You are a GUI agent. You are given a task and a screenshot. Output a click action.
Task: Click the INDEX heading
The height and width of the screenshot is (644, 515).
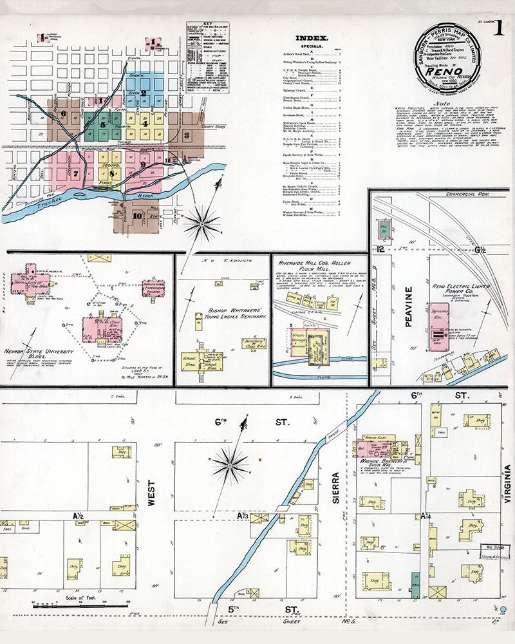312,38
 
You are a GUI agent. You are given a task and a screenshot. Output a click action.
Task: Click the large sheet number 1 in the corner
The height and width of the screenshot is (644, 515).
499,29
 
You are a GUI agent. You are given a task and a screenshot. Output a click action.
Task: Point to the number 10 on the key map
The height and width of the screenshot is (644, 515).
136,216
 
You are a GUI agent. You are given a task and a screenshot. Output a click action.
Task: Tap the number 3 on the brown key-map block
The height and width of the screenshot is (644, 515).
187,135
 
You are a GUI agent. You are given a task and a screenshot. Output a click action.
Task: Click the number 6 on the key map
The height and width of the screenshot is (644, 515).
64,114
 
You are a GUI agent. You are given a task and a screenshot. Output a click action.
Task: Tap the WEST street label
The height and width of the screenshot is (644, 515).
152,493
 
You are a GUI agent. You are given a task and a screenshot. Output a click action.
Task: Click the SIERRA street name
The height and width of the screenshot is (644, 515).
335,487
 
